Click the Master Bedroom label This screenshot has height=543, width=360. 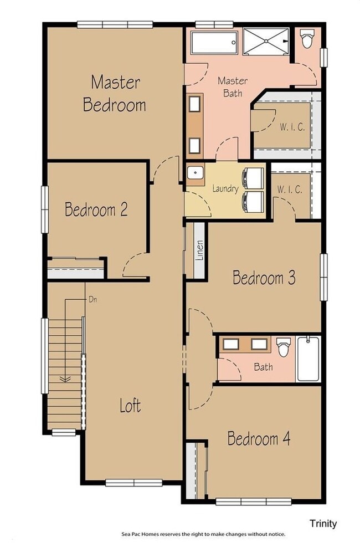tap(115, 94)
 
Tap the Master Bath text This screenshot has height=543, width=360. tap(233, 87)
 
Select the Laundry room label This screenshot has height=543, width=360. tap(225, 188)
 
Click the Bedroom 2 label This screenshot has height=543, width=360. tap(96, 209)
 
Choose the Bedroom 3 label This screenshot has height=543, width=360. tap(264, 277)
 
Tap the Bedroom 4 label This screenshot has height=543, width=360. tap(259, 439)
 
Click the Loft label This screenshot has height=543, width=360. tap(131, 406)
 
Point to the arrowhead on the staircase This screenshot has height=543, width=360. tap(65, 380)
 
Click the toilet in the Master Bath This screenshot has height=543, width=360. tap(307, 39)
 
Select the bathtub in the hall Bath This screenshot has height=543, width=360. tap(308, 358)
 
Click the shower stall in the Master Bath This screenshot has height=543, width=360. tap(266, 40)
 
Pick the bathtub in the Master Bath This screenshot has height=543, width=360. tap(214, 40)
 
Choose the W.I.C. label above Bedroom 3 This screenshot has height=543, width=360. tap(290, 189)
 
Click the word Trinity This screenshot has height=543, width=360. tap(323, 523)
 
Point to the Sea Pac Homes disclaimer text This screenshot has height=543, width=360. tap(203, 534)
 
